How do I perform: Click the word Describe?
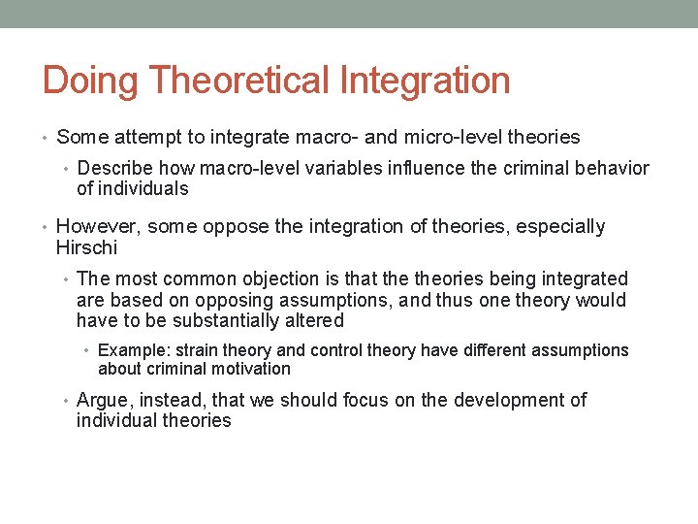115,168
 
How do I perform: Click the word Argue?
102,400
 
